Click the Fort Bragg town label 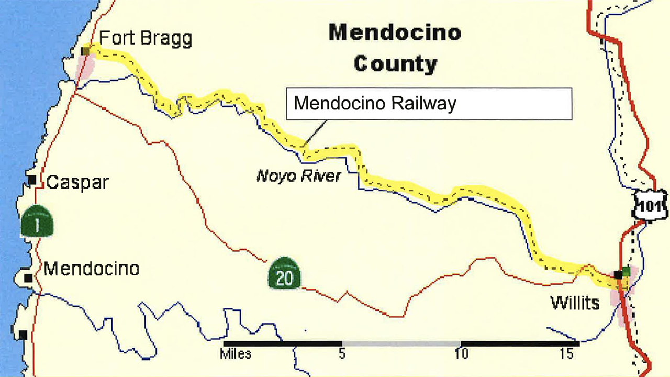146,39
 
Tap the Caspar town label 77,183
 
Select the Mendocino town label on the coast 92,269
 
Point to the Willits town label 574,303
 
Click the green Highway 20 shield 284,273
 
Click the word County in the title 395,64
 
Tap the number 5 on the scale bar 342,354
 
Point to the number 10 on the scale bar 461,354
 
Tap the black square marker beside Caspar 32,180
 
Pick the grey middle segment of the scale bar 401,343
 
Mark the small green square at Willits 626,271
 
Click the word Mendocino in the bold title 395,33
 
